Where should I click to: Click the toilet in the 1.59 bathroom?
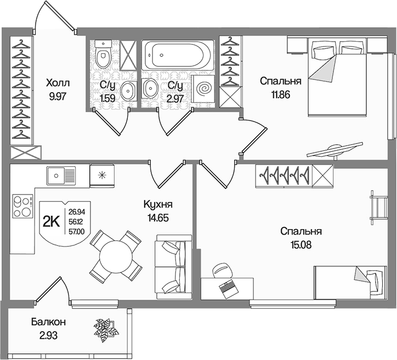coord(103,54)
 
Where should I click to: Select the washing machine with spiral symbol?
coord(203,89)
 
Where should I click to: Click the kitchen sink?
coord(61,175)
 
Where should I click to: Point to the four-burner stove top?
coord(23,206)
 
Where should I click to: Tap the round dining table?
coord(116,256)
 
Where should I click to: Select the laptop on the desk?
coord(229,288)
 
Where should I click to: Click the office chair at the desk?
coord(223,271)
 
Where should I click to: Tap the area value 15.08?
coord(301,244)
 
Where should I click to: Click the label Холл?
coord(58,83)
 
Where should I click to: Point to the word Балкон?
coord(48,322)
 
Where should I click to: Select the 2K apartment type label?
coord(51,222)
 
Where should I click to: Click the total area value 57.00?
coord(77,231)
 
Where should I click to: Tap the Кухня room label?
coord(158,204)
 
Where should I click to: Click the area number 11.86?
coord(281,95)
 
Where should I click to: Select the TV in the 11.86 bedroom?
coord(334,151)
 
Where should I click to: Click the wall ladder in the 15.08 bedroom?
coord(379,208)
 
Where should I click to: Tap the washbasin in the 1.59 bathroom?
coord(128,91)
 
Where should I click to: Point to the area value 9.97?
coord(58,96)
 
